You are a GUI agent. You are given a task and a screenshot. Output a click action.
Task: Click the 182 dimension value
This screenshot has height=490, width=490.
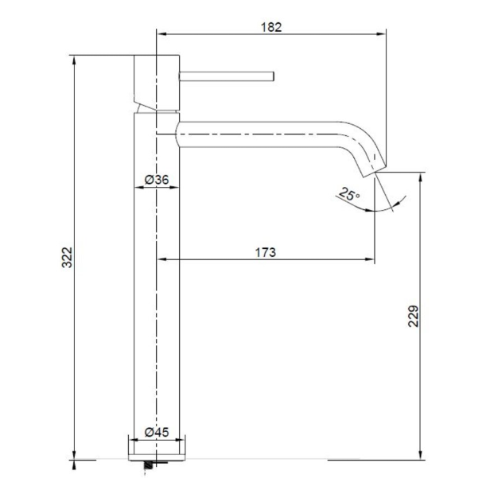coord(271,27)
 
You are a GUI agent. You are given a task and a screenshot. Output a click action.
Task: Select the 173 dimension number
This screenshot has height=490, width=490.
coord(266,252)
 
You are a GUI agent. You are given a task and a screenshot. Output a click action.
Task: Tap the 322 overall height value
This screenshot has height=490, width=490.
coord(67,257)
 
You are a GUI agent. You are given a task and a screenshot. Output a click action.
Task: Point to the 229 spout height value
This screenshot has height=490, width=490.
coord(413,317)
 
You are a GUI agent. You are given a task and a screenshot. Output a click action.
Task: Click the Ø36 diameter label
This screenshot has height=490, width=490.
coord(157,180)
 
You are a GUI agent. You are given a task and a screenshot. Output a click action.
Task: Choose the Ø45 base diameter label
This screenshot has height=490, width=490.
coord(157,432)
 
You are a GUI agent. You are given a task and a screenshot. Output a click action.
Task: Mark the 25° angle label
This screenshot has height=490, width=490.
coord(349,194)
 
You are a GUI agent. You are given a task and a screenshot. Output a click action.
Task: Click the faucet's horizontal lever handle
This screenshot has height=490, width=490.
coord(227,76)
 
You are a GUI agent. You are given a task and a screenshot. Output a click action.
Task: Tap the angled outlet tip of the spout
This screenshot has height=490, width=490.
coord(374,171)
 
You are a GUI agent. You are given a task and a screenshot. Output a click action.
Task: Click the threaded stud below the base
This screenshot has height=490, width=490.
coord(149,465)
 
